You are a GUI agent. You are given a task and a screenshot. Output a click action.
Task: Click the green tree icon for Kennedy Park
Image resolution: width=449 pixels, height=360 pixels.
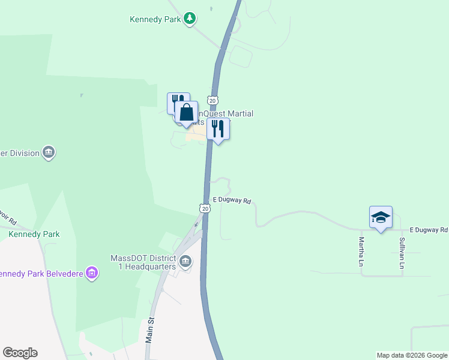point(190,19)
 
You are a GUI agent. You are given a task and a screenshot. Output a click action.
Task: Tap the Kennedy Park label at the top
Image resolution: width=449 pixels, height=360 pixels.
point(155,19)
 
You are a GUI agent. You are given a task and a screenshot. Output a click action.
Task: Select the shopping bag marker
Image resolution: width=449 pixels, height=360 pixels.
point(187,112)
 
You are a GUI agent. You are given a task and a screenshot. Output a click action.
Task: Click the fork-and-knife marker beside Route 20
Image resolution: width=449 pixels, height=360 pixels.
point(218,129)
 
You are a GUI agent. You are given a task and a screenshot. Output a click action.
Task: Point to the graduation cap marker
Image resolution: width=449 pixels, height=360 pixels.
point(381,217)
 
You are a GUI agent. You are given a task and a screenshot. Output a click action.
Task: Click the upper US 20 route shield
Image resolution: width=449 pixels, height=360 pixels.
point(212,100)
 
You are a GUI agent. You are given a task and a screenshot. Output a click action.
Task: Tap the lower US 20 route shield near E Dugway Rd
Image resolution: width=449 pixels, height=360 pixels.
point(205,208)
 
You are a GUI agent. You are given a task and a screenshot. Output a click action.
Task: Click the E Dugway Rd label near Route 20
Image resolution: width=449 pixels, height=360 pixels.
point(231,200)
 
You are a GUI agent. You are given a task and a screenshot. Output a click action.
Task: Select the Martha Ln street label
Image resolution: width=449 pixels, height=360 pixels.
point(362,252)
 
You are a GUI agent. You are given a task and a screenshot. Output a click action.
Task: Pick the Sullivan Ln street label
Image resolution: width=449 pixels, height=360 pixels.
point(402,252)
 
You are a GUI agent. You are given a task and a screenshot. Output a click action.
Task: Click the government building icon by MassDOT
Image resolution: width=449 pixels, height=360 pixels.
point(186,261)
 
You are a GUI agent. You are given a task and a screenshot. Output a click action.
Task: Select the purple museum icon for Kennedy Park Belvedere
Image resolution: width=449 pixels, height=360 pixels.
point(92,274)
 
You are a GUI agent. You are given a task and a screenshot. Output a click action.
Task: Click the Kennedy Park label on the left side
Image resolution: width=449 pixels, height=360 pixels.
point(34,234)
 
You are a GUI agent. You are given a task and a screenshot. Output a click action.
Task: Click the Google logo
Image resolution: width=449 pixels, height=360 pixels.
point(20,353)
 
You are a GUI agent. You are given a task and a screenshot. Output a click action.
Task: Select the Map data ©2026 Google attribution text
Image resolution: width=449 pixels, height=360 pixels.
point(411,355)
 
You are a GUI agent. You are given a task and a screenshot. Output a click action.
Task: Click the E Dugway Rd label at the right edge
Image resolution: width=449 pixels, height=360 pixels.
point(429,230)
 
